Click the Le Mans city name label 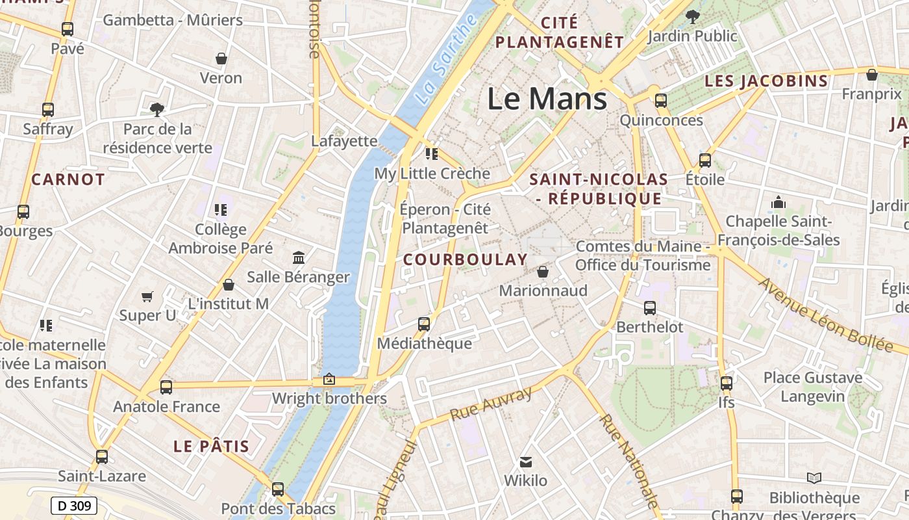[x=547, y=99]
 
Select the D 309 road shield [x=73, y=506]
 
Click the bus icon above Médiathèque [x=424, y=324]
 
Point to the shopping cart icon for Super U [x=147, y=297]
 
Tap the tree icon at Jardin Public [x=693, y=16]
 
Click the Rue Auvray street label [x=491, y=404]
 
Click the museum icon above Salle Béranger [x=299, y=258]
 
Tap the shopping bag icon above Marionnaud [x=543, y=272]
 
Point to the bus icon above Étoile [x=705, y=160]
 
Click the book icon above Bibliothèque [x=814, y=478]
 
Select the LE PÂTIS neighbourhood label [x=212, y=447]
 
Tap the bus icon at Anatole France [x=166, y=387]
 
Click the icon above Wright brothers [x=329, y=379]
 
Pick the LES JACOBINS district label [x=766, y=81]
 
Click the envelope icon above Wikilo [x=526, y=462]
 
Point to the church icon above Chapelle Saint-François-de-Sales [x=778, y=203]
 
